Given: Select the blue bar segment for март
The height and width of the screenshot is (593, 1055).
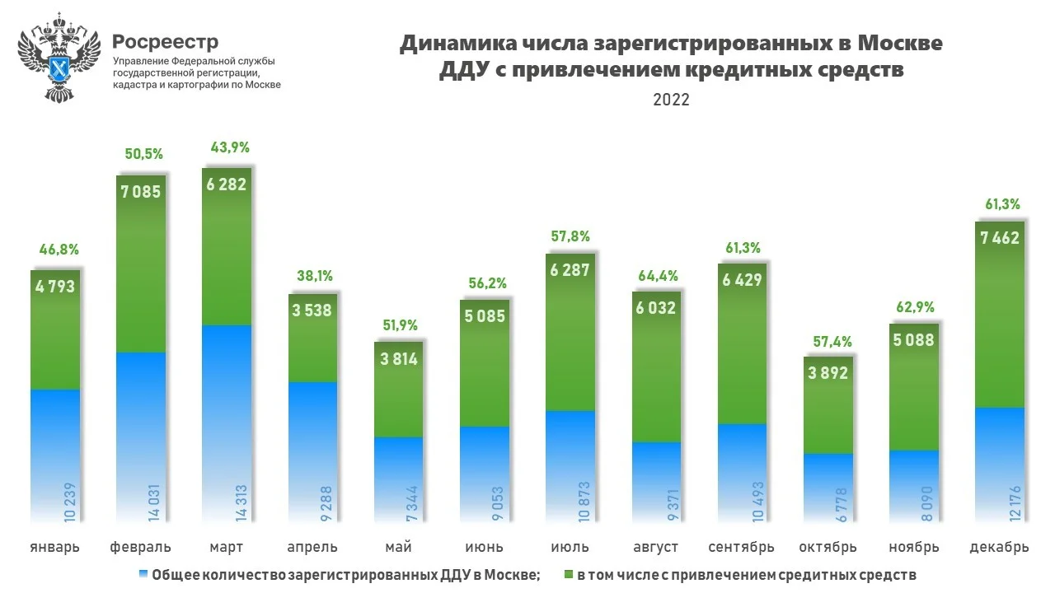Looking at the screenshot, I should click(x=227, y=412).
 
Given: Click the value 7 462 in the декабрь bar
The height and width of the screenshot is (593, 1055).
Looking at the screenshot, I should click(x=999, y=238).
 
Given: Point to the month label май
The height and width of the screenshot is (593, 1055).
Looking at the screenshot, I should click(x=398, y=547).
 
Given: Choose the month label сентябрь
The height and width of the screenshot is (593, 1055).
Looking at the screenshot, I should click(x=742, y=547).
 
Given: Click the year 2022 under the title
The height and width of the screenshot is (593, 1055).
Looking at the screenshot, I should click(x=671, y=100).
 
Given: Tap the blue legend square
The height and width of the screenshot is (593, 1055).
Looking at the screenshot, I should click(x=144, y=574).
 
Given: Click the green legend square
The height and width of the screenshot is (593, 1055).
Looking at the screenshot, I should click(x=567, y=574).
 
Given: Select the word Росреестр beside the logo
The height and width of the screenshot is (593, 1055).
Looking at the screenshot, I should click(x=165, y=41).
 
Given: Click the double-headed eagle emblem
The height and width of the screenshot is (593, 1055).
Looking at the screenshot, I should click(x=59, y=58).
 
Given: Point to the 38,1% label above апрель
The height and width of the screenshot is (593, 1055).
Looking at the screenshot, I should click(x=312, y=276).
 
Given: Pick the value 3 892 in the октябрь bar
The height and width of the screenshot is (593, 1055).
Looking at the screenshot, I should click(x=828, y=372).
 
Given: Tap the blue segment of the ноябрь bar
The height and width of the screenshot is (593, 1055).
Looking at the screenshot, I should click(x=913, y=486).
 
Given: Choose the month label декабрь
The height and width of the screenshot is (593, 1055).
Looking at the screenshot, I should click(x=999, y=547).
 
